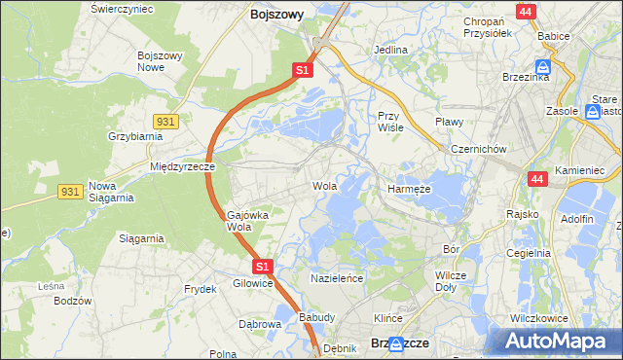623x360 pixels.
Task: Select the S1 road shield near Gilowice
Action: [x=261, y=266]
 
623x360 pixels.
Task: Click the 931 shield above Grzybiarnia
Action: [x=165, y=120]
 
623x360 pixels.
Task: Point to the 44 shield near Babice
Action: [x=527, y=12]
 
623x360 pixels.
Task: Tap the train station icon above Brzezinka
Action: [x=544, y=66]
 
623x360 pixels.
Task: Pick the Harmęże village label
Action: [x=409, y=189]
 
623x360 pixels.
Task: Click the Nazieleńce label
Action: [x=337, y=278]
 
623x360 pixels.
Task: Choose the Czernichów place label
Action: [x=479, y=149]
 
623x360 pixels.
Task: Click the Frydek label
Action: [x=201, y=290]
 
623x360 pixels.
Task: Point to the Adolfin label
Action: [x=576, y=219]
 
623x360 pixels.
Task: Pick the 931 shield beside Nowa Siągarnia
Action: [x=69, y=193]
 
